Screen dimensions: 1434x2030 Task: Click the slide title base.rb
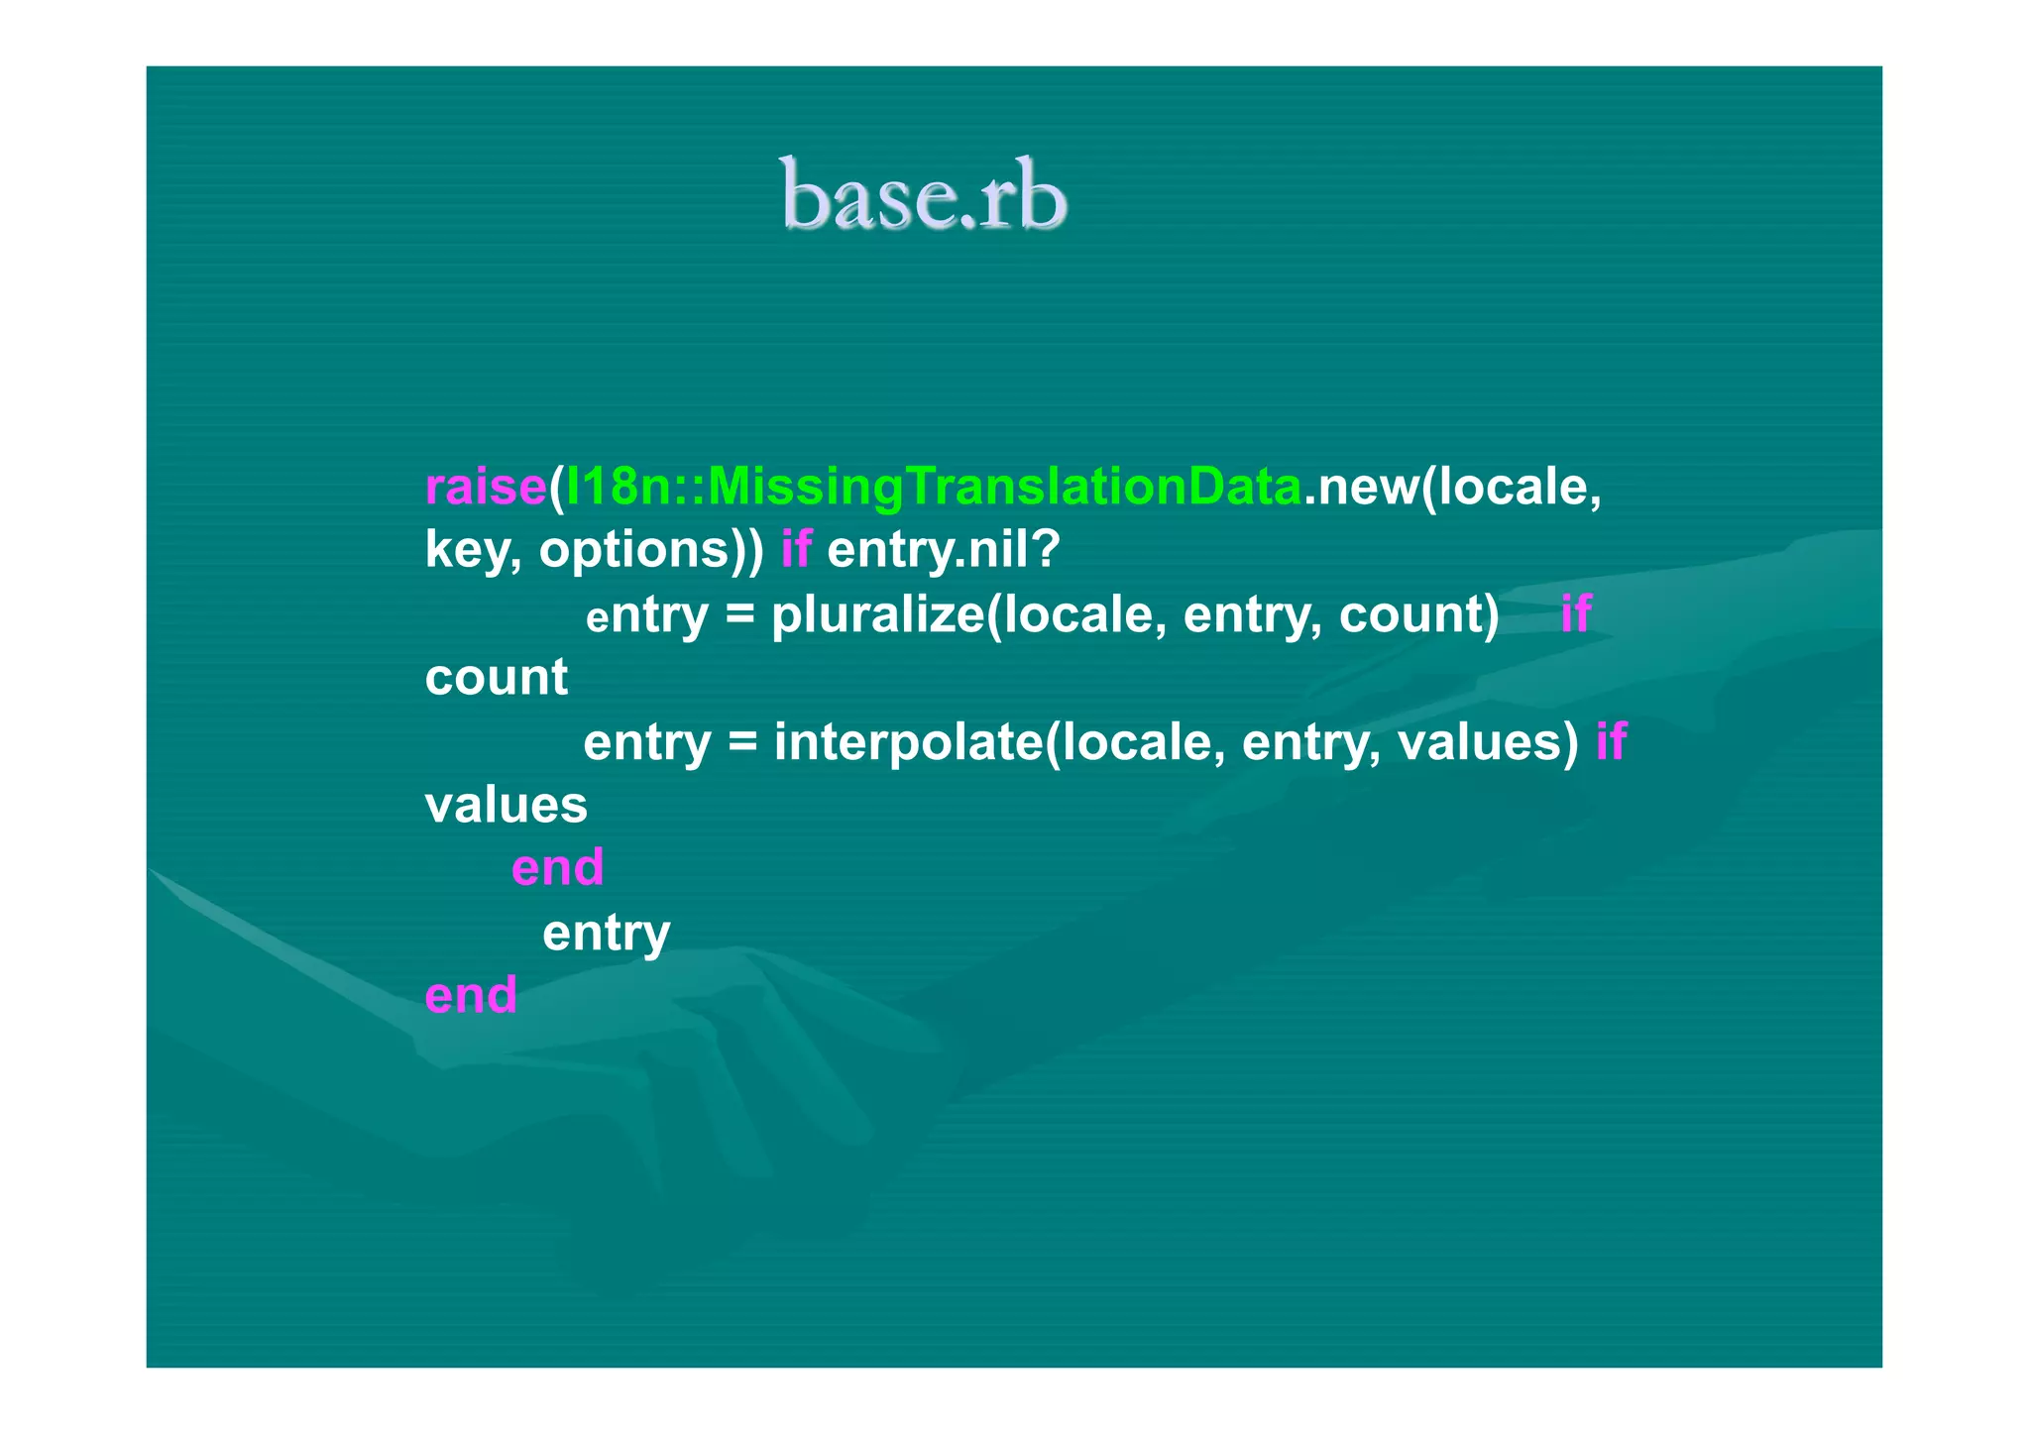923,195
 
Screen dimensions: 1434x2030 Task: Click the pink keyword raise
486,487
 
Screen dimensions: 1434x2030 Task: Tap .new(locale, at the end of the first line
1452,487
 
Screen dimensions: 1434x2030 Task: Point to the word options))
651,550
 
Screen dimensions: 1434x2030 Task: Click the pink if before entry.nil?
796,550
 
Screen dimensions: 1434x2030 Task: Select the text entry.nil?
944,550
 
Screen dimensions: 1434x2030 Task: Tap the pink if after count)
1575,614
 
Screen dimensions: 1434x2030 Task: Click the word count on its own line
496,678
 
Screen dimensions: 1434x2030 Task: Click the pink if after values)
1611,742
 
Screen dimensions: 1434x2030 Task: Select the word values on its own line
506,805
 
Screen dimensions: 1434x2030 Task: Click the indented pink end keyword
557,868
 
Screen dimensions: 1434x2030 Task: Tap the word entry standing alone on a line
606,933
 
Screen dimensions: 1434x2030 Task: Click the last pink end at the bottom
471,995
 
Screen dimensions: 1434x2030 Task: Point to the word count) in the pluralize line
1418,614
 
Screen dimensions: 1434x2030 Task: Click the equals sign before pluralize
739,614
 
